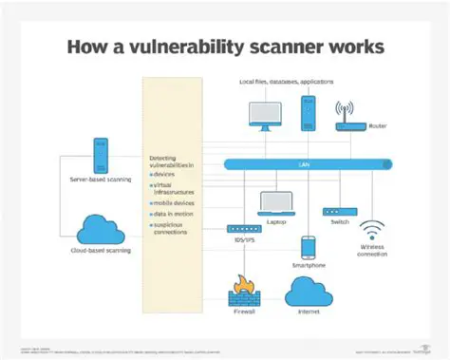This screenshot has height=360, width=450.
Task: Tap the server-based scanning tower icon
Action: (x=100, y=155)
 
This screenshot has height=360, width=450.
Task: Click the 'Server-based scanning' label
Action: (x=100, y=179)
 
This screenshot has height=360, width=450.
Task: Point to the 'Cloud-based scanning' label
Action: (x=100, y=252)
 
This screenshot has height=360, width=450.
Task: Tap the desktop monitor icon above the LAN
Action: (x=264, y=115)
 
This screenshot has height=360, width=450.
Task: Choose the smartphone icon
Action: (x=308, y=247)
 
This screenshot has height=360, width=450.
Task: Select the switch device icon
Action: (x=337, y=211)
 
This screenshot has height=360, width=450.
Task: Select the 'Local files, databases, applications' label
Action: (x=285, y=84)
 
